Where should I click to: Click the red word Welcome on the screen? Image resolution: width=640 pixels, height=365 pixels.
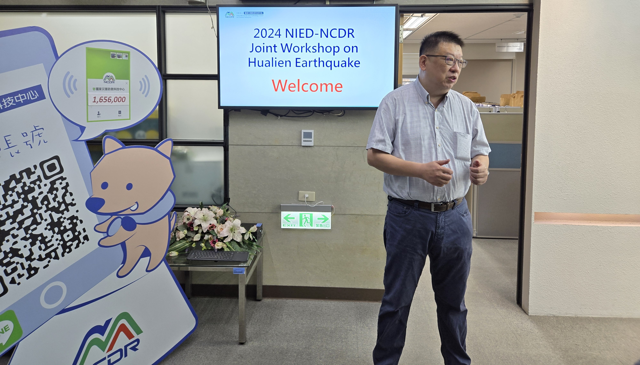pyautogui.click(x=307, y=86)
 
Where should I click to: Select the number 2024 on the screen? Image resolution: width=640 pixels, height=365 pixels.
pyautogui.click(x=268, y=34)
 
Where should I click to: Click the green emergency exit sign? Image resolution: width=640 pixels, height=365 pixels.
pyautogui.click(x=306, y=220)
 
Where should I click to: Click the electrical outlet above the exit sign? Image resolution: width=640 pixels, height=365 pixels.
pyautogui.click(x=307, y=196)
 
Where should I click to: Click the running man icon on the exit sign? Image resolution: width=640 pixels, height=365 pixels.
pyautogui.click(x=306, y=220)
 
